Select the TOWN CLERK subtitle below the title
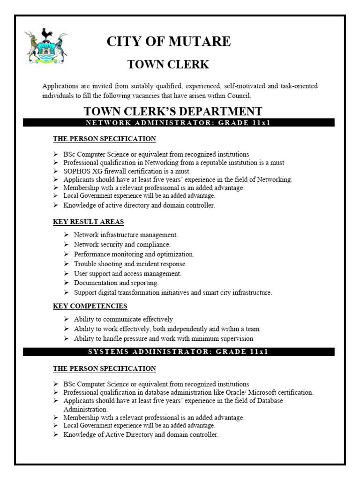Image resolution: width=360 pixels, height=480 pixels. coord(168,65)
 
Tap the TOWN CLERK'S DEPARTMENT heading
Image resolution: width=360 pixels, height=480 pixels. coord(173,112)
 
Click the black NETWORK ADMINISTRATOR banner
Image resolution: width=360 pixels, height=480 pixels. coord(179,123)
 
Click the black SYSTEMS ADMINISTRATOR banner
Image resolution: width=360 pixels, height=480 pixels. coord(179,352)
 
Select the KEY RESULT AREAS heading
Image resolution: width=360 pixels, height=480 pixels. coord(88,222)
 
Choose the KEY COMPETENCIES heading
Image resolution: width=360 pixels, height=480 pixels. coord(90,306)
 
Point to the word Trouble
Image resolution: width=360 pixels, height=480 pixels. coord(85,264)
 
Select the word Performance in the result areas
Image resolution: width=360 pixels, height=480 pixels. coord(92,254)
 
